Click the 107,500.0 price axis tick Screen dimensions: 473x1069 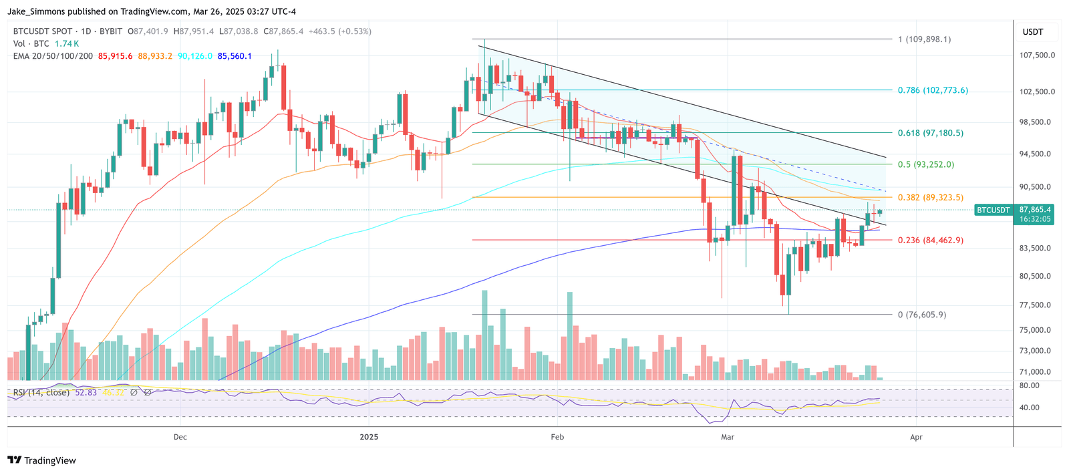(1037, 55)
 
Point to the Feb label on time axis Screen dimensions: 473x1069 (557, 437)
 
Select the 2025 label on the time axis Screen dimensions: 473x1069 (368, 437)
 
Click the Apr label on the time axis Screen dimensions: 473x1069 (916, 437)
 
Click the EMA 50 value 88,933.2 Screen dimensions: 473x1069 (155, 56)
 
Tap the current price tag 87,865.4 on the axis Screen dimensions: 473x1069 (1035, 210)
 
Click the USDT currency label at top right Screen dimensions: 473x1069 (1032, 32)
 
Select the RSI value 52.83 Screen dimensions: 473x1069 (86, 392)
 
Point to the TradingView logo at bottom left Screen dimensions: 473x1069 (42, 460)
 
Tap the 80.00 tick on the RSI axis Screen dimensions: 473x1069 (1030, 385)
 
